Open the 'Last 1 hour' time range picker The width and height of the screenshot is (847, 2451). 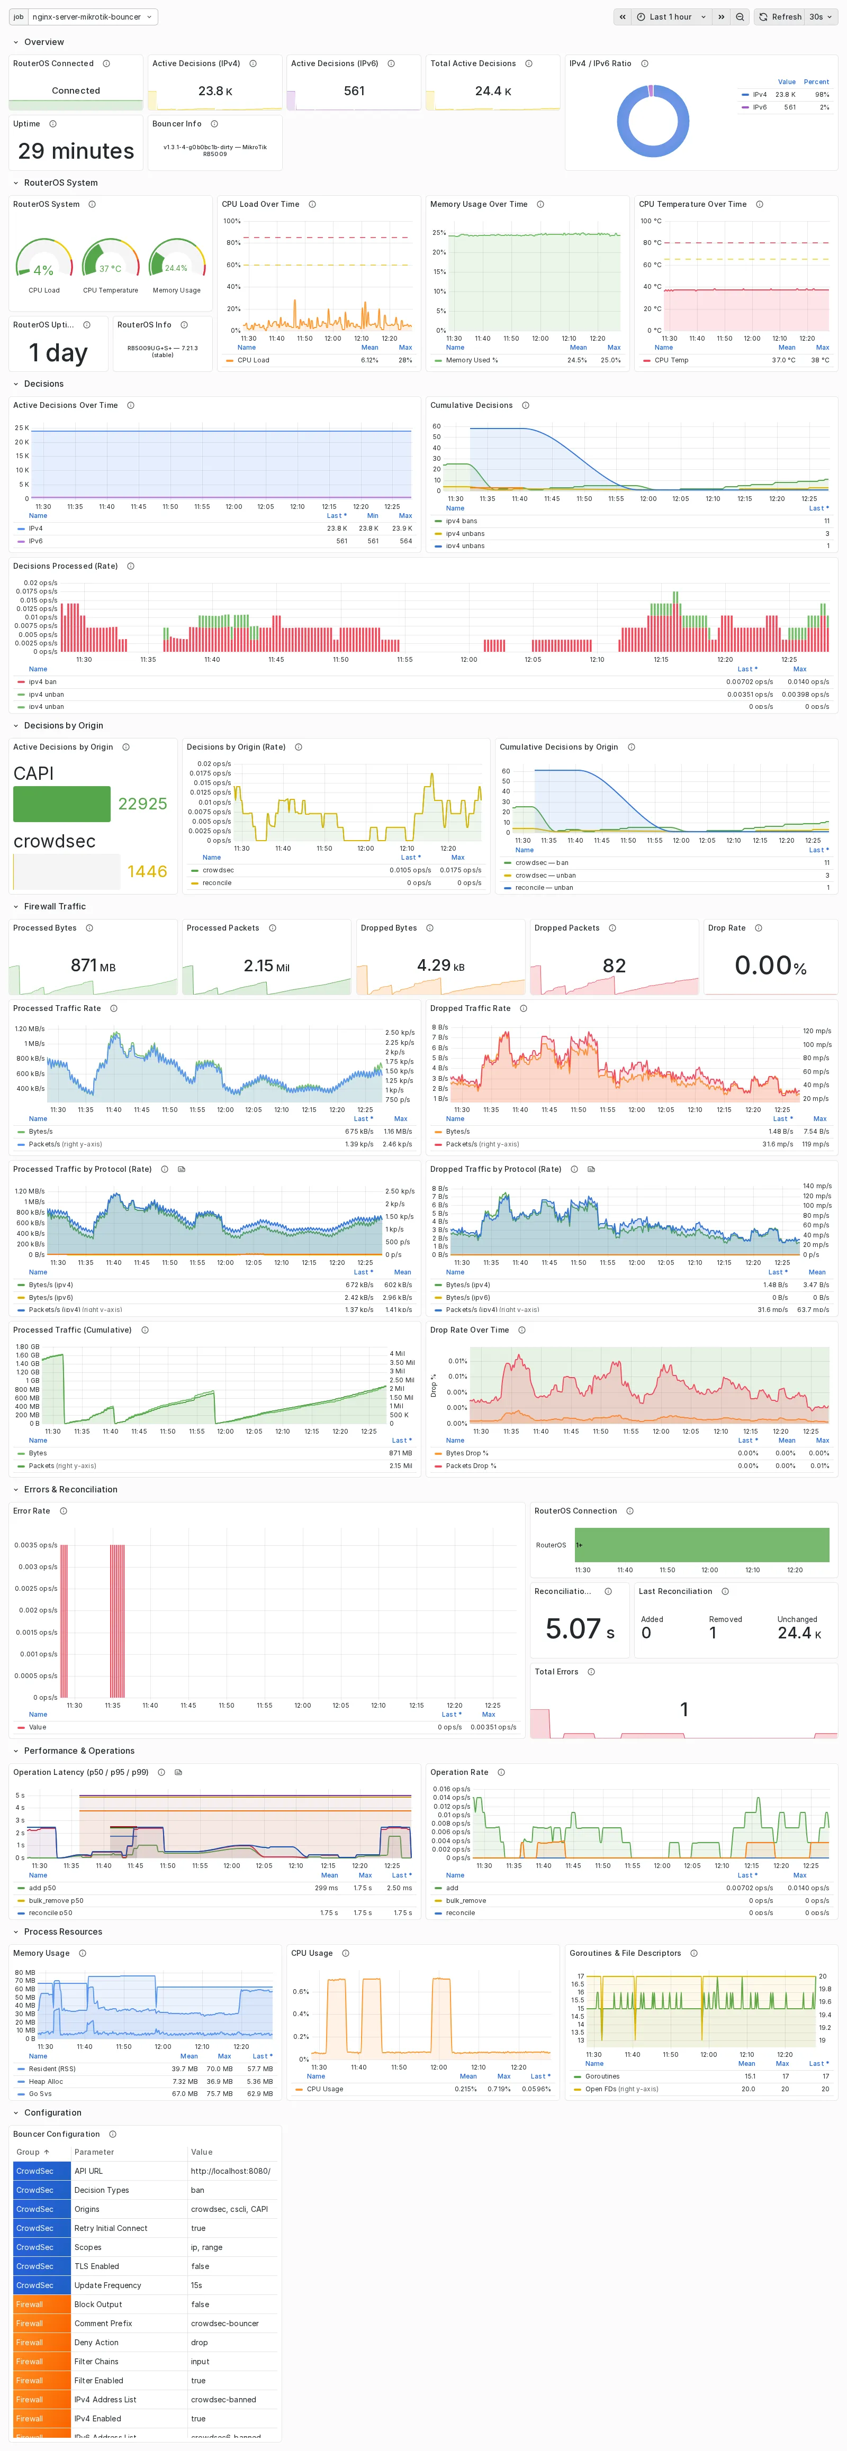coord(670,17)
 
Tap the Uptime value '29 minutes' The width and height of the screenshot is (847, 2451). coord(76,151)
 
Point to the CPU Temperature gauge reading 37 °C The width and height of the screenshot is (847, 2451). coord(111,268)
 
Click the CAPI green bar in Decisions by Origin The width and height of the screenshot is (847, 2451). coord(62,804)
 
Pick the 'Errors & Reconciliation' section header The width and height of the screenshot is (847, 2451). coord(70,1490)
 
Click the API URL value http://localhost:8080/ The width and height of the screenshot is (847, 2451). coord(230,2171)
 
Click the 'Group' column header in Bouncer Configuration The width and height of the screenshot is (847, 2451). coord(29,2152)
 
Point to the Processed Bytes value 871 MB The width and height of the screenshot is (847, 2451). coord(92,966)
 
